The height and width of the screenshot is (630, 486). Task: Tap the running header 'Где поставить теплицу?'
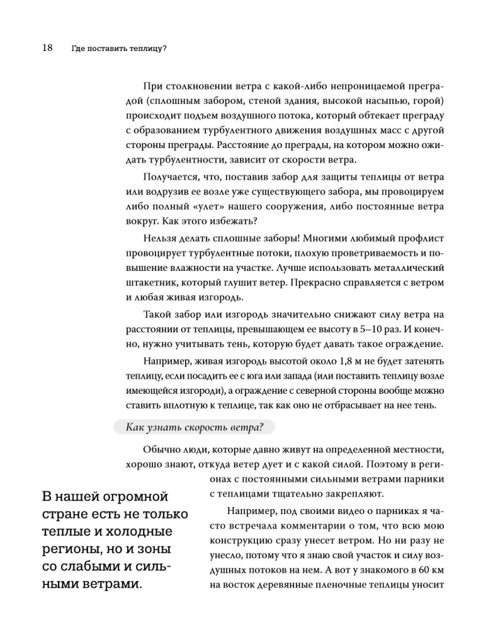coord(123,49)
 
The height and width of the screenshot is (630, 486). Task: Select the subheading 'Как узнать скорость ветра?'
coord(195,427)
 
